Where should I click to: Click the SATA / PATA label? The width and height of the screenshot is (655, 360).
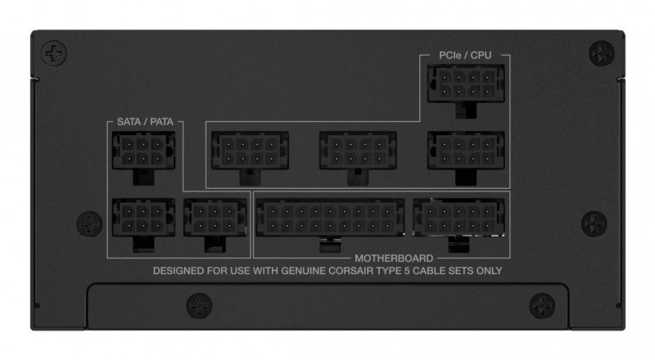(145, 122)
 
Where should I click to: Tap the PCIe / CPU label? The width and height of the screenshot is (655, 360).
(465, 55)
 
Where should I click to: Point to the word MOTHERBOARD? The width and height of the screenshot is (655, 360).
(394, 258)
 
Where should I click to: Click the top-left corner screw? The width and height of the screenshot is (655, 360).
(54, 53)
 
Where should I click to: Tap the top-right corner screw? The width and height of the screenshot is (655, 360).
(602, 53)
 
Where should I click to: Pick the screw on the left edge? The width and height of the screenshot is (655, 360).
(89, 224)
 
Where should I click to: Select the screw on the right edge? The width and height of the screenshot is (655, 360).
(594, 223)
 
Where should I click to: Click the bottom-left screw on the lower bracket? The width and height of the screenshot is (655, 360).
(199, 306)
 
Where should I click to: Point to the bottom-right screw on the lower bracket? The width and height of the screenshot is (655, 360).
(542, 306)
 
